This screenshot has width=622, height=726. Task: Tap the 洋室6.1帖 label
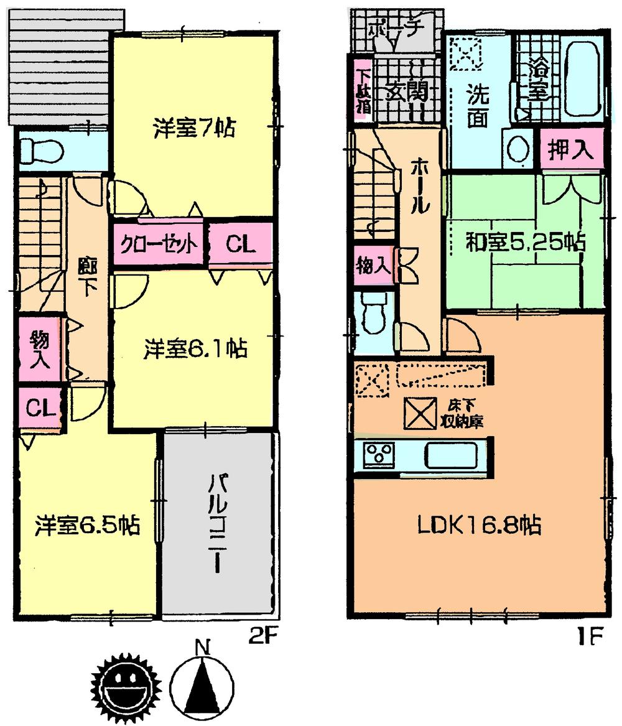pyautogui.click(x=195, y=348)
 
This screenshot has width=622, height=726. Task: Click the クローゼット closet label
pyautogui.click(x=159, y=243)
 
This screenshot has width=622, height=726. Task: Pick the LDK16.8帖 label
pyautogui.click(x=478, y=526)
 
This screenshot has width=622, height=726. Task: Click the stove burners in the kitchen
pyautogui.click(x=376, y=455)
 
